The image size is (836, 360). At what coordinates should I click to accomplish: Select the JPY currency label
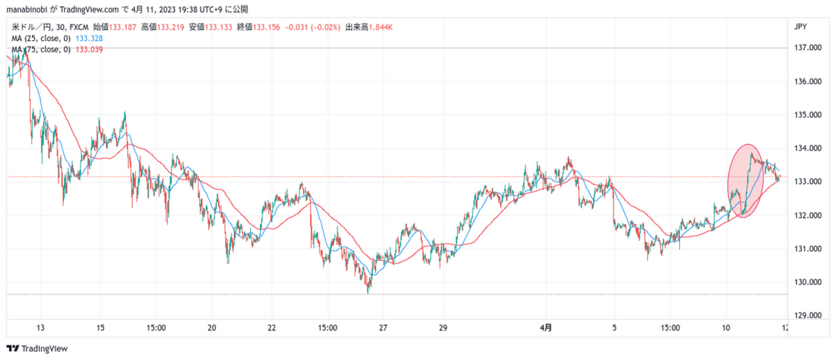click(x=801, y=26)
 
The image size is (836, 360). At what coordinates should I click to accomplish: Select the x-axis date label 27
click(x=383, y=327)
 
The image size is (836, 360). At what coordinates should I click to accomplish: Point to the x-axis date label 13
click(x=41, y=327)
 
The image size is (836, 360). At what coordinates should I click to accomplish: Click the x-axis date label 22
click(x=271, y=327)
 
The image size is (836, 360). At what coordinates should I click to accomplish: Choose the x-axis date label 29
click(x=443, y=327)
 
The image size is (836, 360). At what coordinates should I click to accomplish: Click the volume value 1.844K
click(x=379, y=27)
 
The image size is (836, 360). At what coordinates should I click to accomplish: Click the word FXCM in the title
click(x=78, y=27)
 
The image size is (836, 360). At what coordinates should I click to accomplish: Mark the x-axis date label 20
click(x=212, y=327)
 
